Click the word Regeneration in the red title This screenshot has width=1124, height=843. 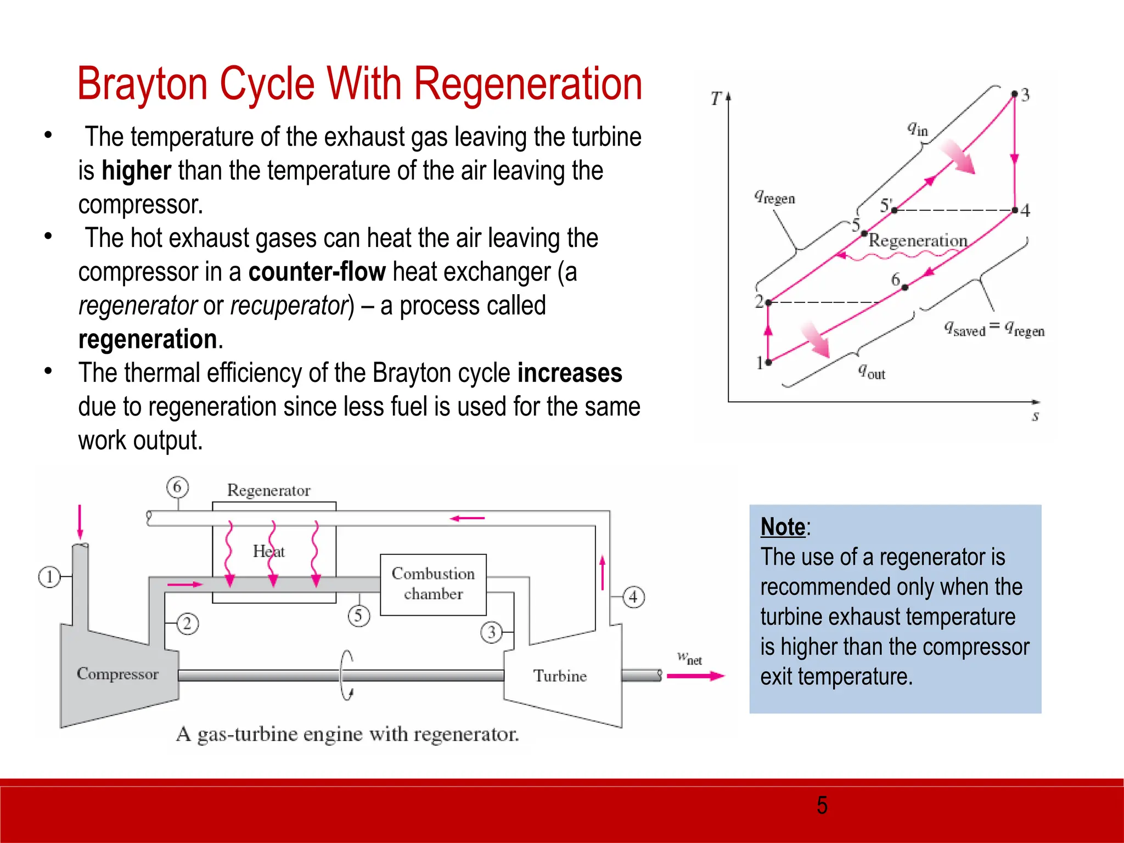(527, 84)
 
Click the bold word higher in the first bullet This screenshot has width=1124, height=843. (137, 171)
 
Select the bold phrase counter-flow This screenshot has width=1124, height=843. (317, 272)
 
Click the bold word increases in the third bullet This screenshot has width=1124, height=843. (570, 373)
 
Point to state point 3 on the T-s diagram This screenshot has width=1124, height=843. (1014, 94)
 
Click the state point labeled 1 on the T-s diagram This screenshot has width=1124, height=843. (768, 362)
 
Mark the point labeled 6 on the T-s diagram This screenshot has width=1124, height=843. (904, 287)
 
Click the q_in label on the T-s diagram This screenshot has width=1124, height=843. (917, 129)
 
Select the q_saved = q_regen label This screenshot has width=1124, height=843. (994, 329)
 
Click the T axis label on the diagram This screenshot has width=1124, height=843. (716, 99)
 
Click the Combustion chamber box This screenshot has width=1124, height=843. (433, 585)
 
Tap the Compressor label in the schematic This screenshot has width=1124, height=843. (117, 673)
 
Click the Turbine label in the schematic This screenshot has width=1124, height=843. (560, 676)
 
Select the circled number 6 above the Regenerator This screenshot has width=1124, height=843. (177, 487)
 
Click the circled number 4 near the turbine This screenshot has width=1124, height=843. (633, 597)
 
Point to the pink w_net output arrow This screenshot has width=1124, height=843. (695, 676)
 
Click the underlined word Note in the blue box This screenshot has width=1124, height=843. (783, 527)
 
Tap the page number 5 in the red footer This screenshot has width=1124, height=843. (822, 805)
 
